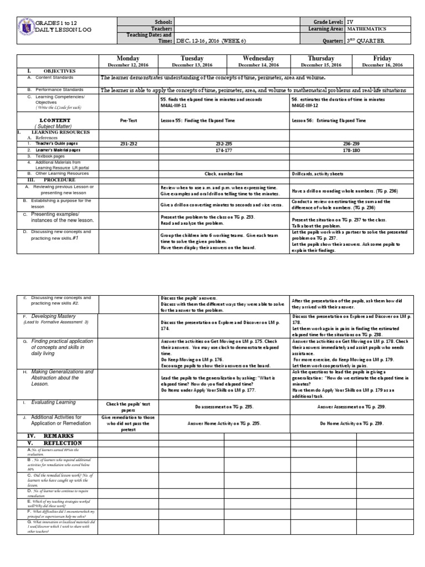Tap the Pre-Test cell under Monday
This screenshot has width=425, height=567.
[128, 120]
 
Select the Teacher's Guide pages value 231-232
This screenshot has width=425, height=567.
[128, 143]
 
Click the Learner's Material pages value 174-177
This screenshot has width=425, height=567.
[224, 150]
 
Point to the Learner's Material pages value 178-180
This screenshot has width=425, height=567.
[351, 150]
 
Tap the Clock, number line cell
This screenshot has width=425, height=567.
[224, 173]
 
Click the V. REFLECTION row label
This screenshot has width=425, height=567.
[46, 443]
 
